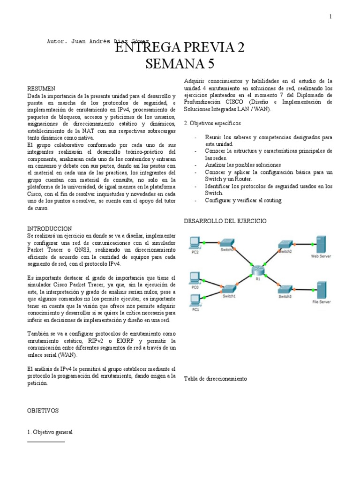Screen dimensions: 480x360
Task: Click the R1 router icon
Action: [x=257, y=270]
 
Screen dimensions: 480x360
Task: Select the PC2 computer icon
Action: [x=195, y=243]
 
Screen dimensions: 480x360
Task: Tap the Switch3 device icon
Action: [x=285, y=288]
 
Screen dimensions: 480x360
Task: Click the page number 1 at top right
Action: [x=330, y=17]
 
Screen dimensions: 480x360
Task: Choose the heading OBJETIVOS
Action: [x=43, y=410]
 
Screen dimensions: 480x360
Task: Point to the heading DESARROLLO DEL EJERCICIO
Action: [x=225, y=220]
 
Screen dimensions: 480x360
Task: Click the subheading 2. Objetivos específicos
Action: [x=212, y=123]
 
